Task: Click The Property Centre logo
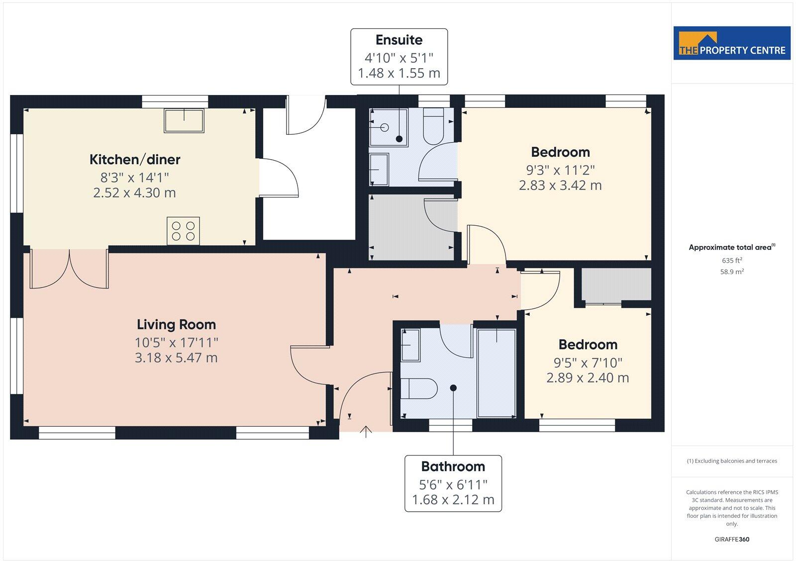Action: [731, 43]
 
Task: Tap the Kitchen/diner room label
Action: [134, 160]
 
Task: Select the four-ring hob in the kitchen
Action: [183, 231]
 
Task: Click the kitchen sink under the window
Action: [184, 121]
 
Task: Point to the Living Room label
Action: [176, 325]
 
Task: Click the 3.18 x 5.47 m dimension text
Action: [176, 358]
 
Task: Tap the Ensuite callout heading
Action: [399, 40]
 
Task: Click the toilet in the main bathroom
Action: [418, 388]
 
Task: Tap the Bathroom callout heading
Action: [453, 467]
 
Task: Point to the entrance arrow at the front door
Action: [366, 431]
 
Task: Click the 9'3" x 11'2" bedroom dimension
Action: [560, 170]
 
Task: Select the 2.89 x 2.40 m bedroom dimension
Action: [588, 377]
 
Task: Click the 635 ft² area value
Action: [731, 260]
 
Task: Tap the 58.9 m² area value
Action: [732, 272]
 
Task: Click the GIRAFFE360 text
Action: [732, 539]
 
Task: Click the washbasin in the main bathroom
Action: [410, 344]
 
